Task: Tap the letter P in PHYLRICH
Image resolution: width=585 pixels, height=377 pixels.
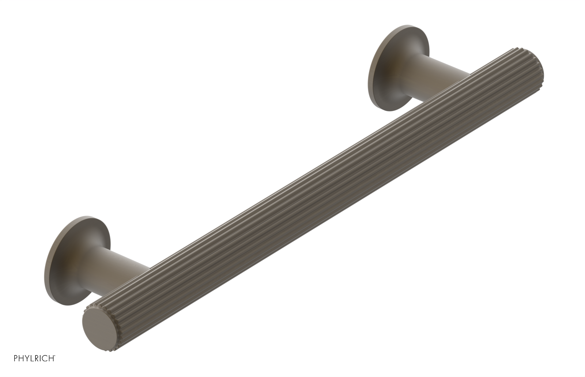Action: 16,358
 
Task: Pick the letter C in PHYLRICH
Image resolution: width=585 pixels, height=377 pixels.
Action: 45,358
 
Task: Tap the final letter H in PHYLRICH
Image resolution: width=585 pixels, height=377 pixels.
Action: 51,358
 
